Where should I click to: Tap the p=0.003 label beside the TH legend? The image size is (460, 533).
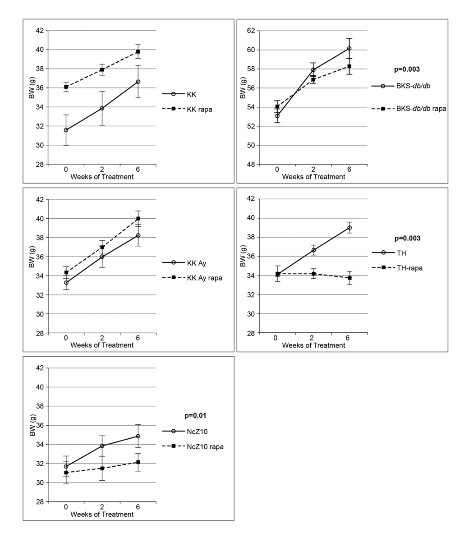[407, 238]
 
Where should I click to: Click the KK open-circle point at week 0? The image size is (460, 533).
[66, 130]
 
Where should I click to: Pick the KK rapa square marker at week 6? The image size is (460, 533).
[138, 51]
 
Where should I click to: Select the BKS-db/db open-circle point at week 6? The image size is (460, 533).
[350, 48]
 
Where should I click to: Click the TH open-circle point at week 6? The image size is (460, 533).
[350, 228]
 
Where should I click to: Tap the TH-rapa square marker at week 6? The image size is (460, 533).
[350, 278]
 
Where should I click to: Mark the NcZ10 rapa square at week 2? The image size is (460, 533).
[102, 468]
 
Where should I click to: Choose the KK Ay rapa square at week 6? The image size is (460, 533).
[138, 218]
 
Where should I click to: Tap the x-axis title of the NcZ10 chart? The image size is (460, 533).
[102, 514]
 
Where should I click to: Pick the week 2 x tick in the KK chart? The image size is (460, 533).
[102, 169]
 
